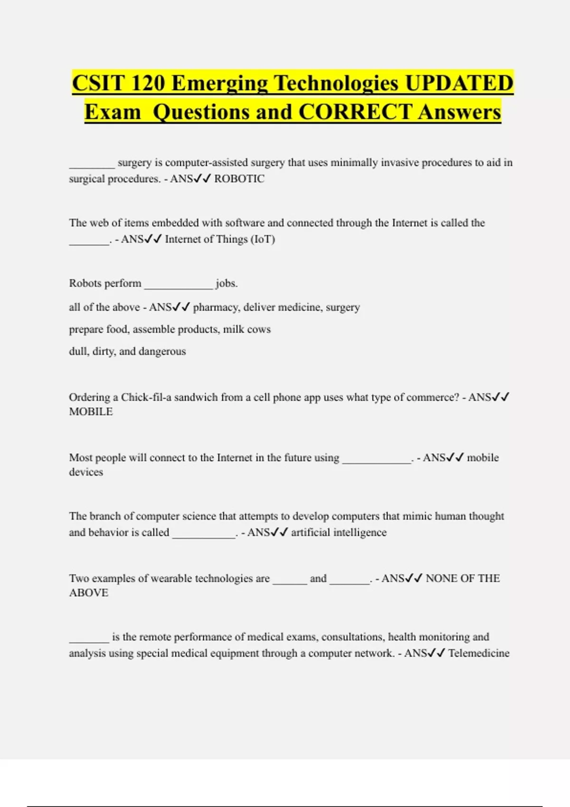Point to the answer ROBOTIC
point(239,179)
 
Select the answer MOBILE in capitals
point(91,412)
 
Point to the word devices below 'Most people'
point(86,472)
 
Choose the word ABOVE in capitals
point(89,593)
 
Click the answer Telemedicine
point(479,654)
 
